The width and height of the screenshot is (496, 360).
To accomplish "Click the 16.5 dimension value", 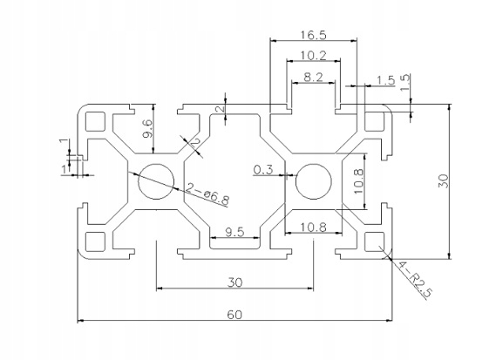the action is tap(313, 35).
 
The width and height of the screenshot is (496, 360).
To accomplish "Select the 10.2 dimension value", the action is tap(313, 56).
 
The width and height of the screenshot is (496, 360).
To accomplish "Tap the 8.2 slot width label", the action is tap(313, 77).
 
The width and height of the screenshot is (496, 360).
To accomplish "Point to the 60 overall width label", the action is tap(234, 315).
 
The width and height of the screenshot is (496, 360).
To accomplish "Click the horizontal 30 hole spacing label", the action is tap(234, 282).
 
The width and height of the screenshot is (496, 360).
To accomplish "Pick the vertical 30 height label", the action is tap(444, 180).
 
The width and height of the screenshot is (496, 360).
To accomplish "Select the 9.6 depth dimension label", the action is tap(147, 129).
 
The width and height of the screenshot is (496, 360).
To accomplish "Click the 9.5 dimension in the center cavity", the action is tap(234, 232).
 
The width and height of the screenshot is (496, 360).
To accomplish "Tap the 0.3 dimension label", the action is tap(263, 170).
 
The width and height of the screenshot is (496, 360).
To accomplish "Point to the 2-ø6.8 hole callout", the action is tap(207, 194).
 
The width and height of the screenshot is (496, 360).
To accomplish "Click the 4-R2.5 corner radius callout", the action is tap(414, 279).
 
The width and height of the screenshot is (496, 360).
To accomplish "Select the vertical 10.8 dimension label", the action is tap(358, 181).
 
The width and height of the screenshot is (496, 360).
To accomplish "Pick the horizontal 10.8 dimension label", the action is tap(313, 227).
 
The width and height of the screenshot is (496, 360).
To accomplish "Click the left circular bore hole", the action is tap(156, 181).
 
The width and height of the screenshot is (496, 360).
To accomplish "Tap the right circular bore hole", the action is tap(314, 181).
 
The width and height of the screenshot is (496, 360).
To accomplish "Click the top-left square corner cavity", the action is tap(95, 121).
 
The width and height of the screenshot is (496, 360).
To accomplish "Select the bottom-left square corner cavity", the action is tap(95, 241).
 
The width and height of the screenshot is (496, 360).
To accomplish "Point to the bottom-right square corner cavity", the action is tap(374, 241).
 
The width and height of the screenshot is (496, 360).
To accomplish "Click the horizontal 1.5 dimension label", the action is tap(385, 80).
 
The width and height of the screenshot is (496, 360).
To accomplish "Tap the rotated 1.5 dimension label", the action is tap(405, 82).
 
